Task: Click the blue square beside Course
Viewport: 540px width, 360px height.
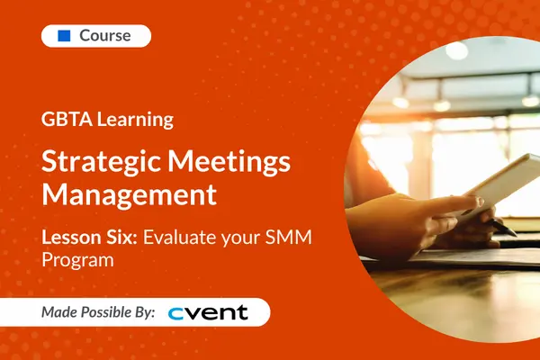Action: click(64, 36)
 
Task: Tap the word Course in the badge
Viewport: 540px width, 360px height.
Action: click(105, 36)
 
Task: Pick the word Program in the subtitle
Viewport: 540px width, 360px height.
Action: click(72, 260)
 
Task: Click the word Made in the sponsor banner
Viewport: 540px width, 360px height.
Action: click(61, 312)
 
